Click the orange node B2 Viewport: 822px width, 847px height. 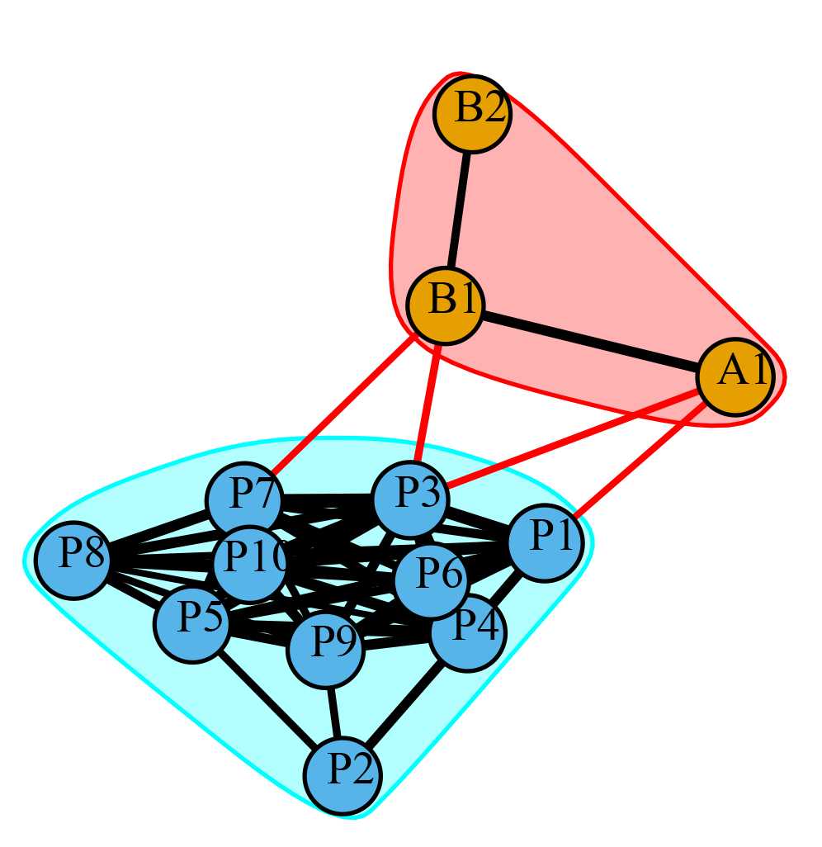[x=472, y=113]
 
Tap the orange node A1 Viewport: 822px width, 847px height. [x=735, y=377]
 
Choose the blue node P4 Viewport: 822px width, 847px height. [x=468, y=632]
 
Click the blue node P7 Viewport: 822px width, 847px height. [x=243, y=500]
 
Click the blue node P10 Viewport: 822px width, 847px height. [x=250, y=564]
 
